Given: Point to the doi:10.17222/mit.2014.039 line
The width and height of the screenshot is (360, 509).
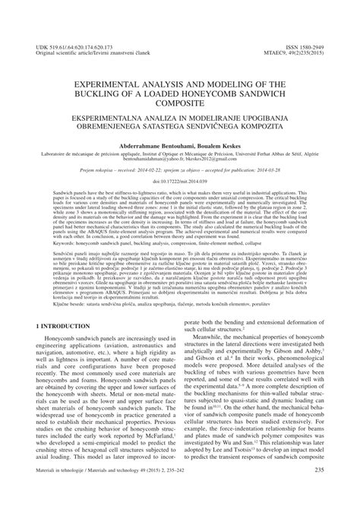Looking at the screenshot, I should [180, 182].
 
